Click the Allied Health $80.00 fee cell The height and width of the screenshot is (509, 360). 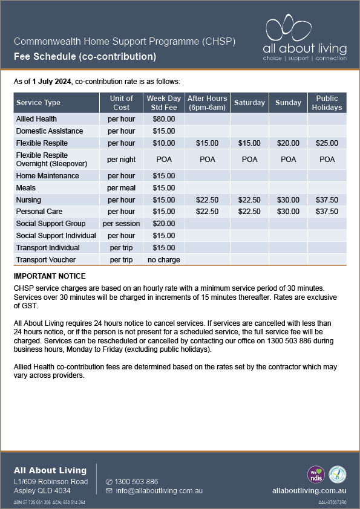pos(163,119)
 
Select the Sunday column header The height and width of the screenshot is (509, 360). pos(288,103)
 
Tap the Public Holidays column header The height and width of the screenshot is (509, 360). pos(327,103)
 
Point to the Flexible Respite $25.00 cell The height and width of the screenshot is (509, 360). pos(327,143)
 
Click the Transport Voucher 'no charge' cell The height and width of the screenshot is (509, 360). pos(163,260)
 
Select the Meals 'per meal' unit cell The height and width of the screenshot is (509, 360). pos(121,188)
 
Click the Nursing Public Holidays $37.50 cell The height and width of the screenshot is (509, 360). pos(327,200)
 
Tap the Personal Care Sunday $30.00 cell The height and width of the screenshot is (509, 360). pos(288,212)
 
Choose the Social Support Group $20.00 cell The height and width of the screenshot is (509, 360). pos(163,224)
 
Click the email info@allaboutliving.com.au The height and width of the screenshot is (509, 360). pos(155,491)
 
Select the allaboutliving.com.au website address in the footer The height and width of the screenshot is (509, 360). pos(309,491)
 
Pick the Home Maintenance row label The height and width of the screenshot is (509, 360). pos(47,176)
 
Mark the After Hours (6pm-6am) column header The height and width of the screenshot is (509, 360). pos(207,103)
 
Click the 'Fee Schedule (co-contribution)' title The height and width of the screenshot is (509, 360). pos(85,57)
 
